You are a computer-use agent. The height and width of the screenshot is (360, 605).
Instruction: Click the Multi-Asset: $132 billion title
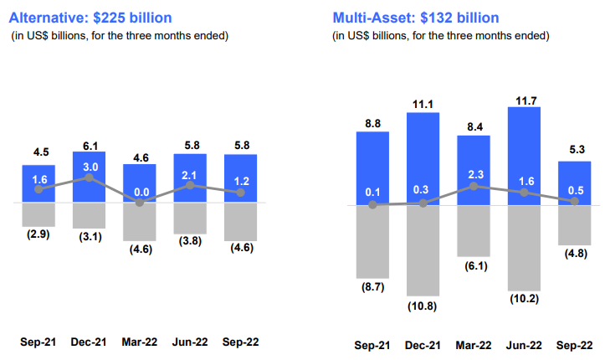tap(417, 17)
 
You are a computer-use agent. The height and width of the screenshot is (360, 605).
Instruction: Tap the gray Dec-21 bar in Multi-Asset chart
tap(423, 249)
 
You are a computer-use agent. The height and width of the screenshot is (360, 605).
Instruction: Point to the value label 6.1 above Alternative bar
tap(89, 143)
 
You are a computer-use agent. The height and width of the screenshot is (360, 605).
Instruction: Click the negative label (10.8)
tap(423, 306)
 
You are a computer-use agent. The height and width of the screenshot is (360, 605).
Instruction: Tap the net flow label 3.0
tap(89, 167)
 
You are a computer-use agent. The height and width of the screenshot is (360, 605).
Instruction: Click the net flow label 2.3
tap(474, 174)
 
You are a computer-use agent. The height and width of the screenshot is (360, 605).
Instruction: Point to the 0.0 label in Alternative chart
tap(140, 193)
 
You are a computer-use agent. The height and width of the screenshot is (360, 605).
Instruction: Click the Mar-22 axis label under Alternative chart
tap(140, 342)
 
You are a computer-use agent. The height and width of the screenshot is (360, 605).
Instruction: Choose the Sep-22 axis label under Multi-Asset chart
tap(574, 345)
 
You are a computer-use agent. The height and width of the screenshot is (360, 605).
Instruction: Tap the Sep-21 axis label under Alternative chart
tap(38, 342)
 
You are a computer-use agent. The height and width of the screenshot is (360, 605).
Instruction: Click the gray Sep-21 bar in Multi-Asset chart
tap(373, 241)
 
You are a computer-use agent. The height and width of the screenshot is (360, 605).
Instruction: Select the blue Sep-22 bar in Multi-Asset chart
tap(574, 183)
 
